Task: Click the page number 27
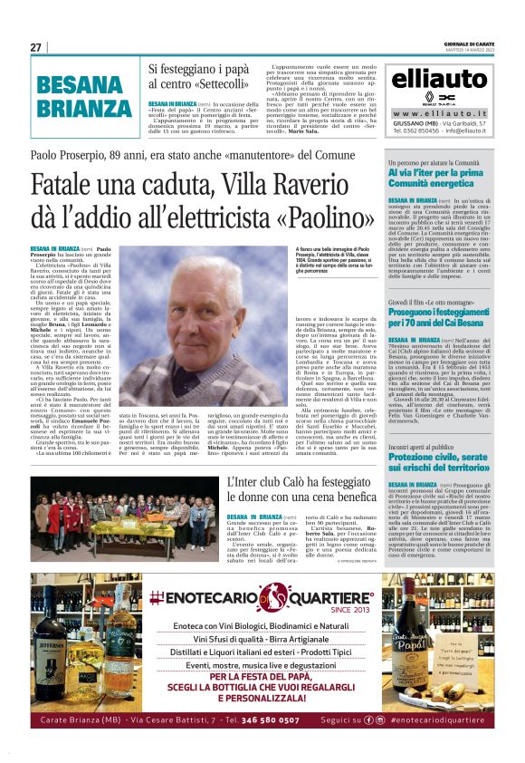coord(35,47)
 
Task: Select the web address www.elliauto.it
coord(442,113)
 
